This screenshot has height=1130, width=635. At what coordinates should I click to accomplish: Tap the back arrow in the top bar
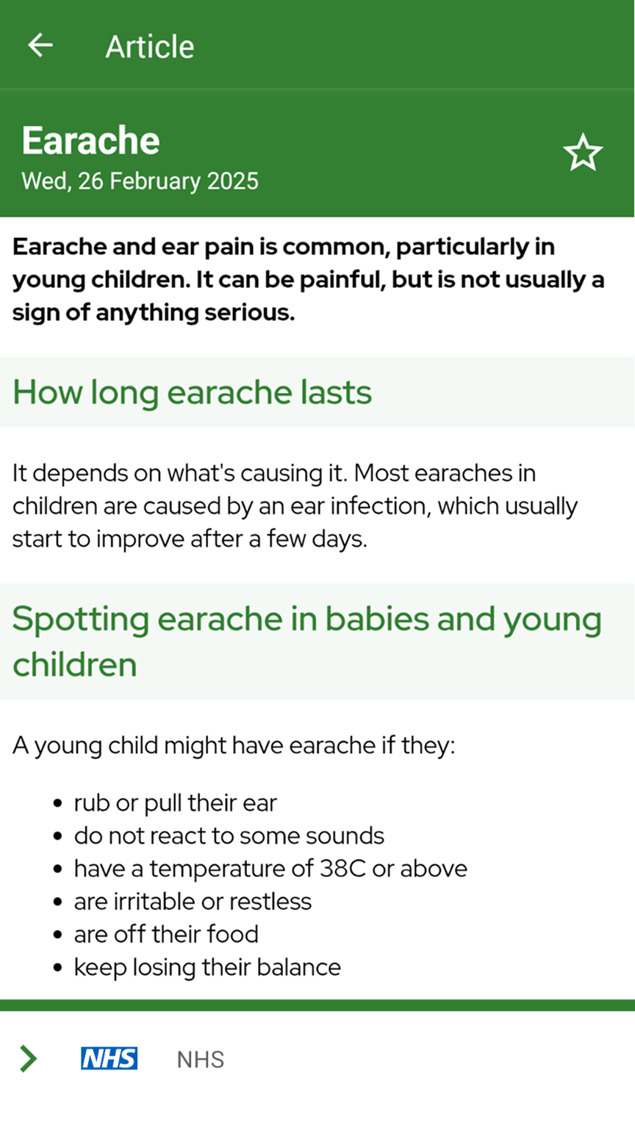pyautogui.click(x=40, y=45)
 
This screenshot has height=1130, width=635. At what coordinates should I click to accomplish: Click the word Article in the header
pyautogui.click(x=149, y=47)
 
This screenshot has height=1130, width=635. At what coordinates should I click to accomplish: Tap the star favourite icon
pyautogui.click(x=583, y=152)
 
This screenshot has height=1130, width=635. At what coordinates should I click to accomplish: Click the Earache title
pyautogui.click(x=91, y=140)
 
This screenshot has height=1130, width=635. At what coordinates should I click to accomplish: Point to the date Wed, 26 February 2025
pyautogui.click(x=140, y=181)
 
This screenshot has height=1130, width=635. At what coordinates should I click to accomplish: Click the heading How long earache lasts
pyautogui.click(x=192, y=392)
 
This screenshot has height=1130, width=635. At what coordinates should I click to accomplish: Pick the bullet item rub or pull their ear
pyautogui.click(x=175, y=803)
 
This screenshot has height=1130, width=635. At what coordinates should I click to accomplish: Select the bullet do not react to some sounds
pyautogui.click(x=229, y=836)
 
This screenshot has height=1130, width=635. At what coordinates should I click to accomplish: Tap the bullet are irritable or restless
pyautogui.click(x=193, y=902)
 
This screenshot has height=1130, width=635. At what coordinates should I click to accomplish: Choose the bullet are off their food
pyautogui.click(x=166, y=935)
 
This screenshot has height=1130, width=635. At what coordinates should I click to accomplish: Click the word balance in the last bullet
pyautogui.click(x=299, y=968)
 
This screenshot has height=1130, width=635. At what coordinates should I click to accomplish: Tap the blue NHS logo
pyautogui.click(x=109, y=1058)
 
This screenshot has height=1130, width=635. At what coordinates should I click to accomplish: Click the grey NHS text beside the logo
pyautogui.click(x=201, y=1059)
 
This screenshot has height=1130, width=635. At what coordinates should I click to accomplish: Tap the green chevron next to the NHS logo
pyautogui.click(x=28, y=1059)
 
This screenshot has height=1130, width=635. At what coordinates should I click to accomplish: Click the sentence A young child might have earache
pyautogui.click(x=234, y=746)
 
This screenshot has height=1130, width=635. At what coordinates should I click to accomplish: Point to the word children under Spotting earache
pyautogui.click(x=75, y=664)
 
